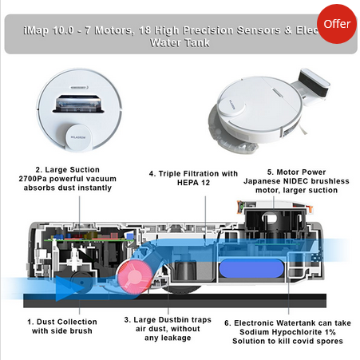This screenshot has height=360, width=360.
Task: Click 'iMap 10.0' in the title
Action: click(x=49, y=30)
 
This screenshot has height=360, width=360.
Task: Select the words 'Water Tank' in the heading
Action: click(x=180, y=43)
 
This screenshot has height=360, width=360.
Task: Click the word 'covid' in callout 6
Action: click(x=303, y=341)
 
